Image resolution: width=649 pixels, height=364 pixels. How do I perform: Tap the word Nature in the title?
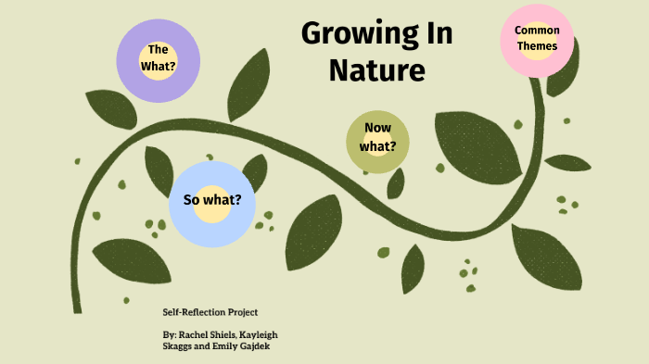[376, 69]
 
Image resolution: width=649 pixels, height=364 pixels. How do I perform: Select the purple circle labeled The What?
[157, 59]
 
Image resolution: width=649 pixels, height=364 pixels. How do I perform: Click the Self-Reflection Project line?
[210, 312]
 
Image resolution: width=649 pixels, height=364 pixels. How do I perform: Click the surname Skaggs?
[177, 345]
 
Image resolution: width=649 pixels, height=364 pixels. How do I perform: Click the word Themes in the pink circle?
[537, 45]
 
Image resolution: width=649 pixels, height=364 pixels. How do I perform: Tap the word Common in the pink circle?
[537, 31]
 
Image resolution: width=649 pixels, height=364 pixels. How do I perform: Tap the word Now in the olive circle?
[378, 129]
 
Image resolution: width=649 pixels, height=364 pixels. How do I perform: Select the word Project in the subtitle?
[241, 312]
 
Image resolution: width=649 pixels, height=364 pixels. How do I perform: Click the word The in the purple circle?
[158, 49]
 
